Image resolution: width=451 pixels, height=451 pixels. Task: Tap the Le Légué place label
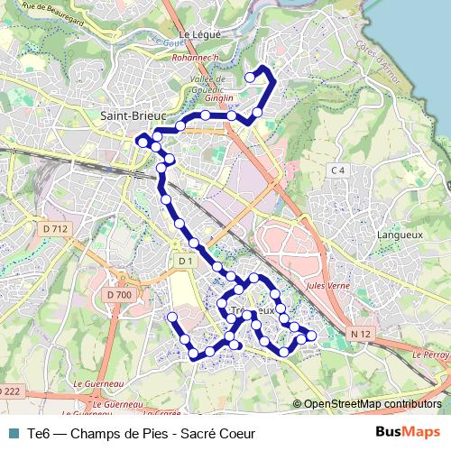coord(199,35)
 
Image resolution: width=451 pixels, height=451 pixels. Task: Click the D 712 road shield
coord(55,229)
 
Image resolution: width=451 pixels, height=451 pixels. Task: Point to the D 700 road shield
coord(118,294)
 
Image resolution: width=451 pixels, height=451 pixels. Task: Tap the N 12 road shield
coord(361,334)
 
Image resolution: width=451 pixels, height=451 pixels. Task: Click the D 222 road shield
coord(9,391)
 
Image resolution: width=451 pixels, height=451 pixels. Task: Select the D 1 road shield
coord(186,262)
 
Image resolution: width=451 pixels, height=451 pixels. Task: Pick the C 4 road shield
coord(338,170)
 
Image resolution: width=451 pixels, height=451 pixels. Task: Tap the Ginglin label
coord(225,97)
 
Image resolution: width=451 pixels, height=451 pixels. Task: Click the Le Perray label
coord(432,354)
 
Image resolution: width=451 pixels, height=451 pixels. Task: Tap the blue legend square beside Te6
coord(13,433)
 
